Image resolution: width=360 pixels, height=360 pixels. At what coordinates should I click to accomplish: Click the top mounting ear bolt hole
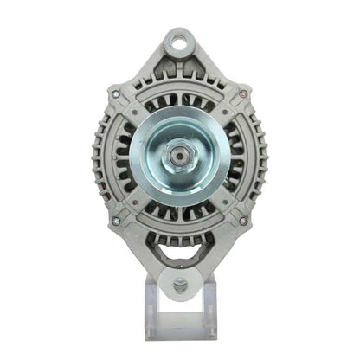pyautogui.click(x=179, y=39)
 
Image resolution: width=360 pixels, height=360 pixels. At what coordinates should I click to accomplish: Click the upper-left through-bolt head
pyautogui.click(x=114, y=92)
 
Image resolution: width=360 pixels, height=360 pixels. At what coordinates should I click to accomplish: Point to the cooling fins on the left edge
pyautogui.click(x=97, y=156)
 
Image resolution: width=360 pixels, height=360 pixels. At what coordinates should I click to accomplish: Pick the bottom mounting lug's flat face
pyautogui.click(x=179, y=299)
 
